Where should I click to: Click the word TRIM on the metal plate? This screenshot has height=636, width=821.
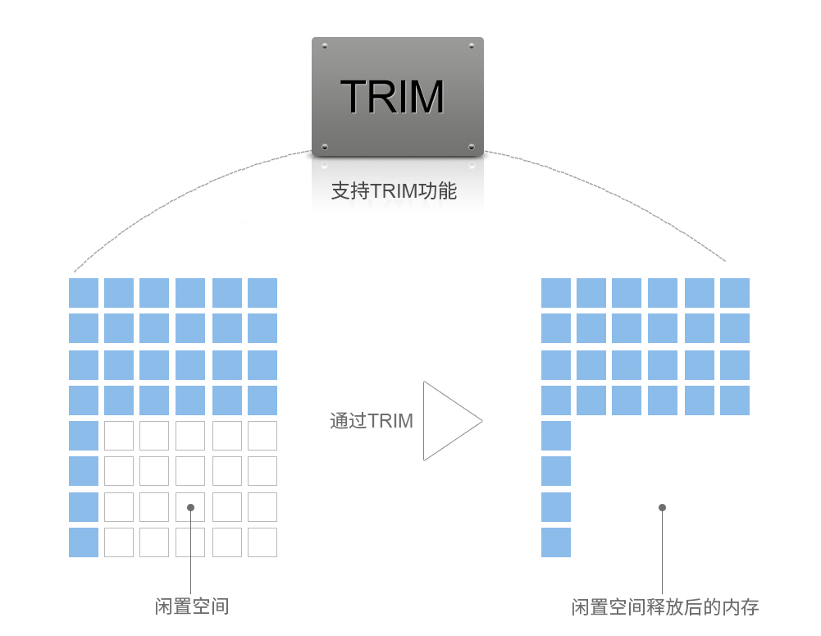coord(392,97)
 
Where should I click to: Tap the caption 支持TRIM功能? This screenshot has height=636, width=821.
coord(394,192)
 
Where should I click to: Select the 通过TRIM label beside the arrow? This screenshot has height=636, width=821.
coord(372,421)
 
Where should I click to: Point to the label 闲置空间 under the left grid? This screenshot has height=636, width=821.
coord(192,607)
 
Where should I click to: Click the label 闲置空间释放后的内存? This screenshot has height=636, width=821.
coord(665,607)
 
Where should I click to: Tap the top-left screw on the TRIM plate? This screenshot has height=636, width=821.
coord(325,45)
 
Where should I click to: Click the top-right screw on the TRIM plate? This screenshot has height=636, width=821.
coord(471,45)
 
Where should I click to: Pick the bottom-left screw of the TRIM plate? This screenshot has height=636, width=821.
coord(325,146)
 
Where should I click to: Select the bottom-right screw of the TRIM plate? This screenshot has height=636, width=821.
coord(471,146)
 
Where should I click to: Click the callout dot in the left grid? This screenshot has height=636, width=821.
coord(190,507)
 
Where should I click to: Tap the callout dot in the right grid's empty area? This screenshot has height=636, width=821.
coord(662,507)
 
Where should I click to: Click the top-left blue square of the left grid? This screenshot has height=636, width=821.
coord(84,293)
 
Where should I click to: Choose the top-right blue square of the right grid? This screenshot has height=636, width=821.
coord(735,293)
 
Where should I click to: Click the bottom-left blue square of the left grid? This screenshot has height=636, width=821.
coord(84,542)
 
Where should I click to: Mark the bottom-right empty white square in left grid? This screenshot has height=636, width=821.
coord(262,542)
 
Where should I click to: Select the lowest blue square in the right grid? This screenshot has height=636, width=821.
coord(556,542)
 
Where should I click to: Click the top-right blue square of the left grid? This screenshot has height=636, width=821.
coord(262,293)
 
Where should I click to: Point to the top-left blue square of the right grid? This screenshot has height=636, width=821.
coord(556,293)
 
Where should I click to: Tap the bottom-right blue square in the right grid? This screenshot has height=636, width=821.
coord(735,400)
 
